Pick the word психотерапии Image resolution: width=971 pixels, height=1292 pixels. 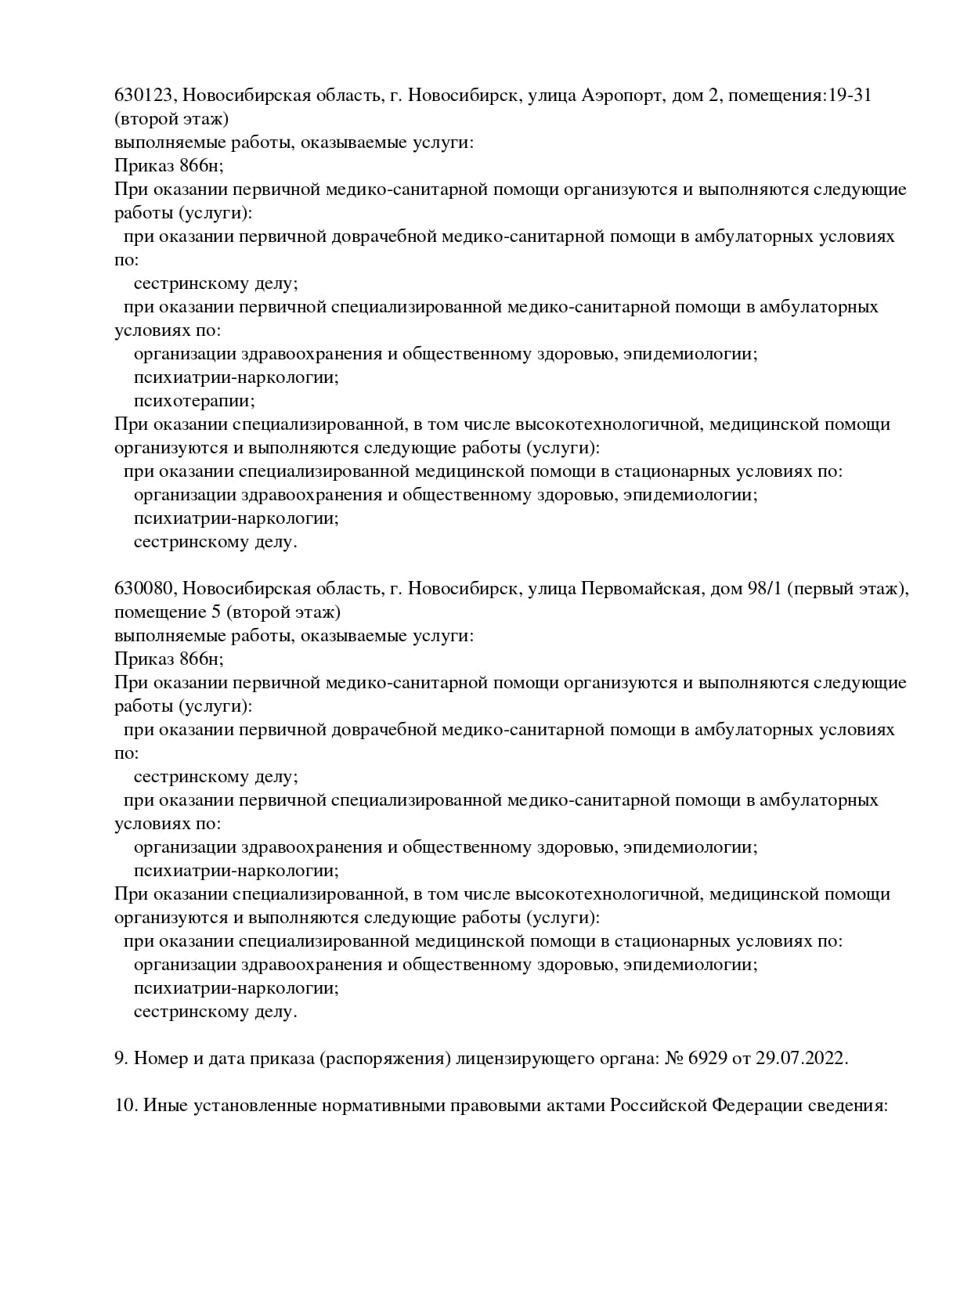pos(194,401)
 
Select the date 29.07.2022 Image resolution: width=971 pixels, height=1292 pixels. pos(801,1059)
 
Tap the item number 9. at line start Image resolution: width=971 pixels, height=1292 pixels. pos(121,1059)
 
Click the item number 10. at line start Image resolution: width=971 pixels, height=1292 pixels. pos(126,1106)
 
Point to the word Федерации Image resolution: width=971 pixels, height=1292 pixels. pos(756,1106)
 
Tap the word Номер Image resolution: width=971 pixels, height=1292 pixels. pos(158,1059)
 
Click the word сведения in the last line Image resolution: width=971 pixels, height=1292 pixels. pos(851,1106)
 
